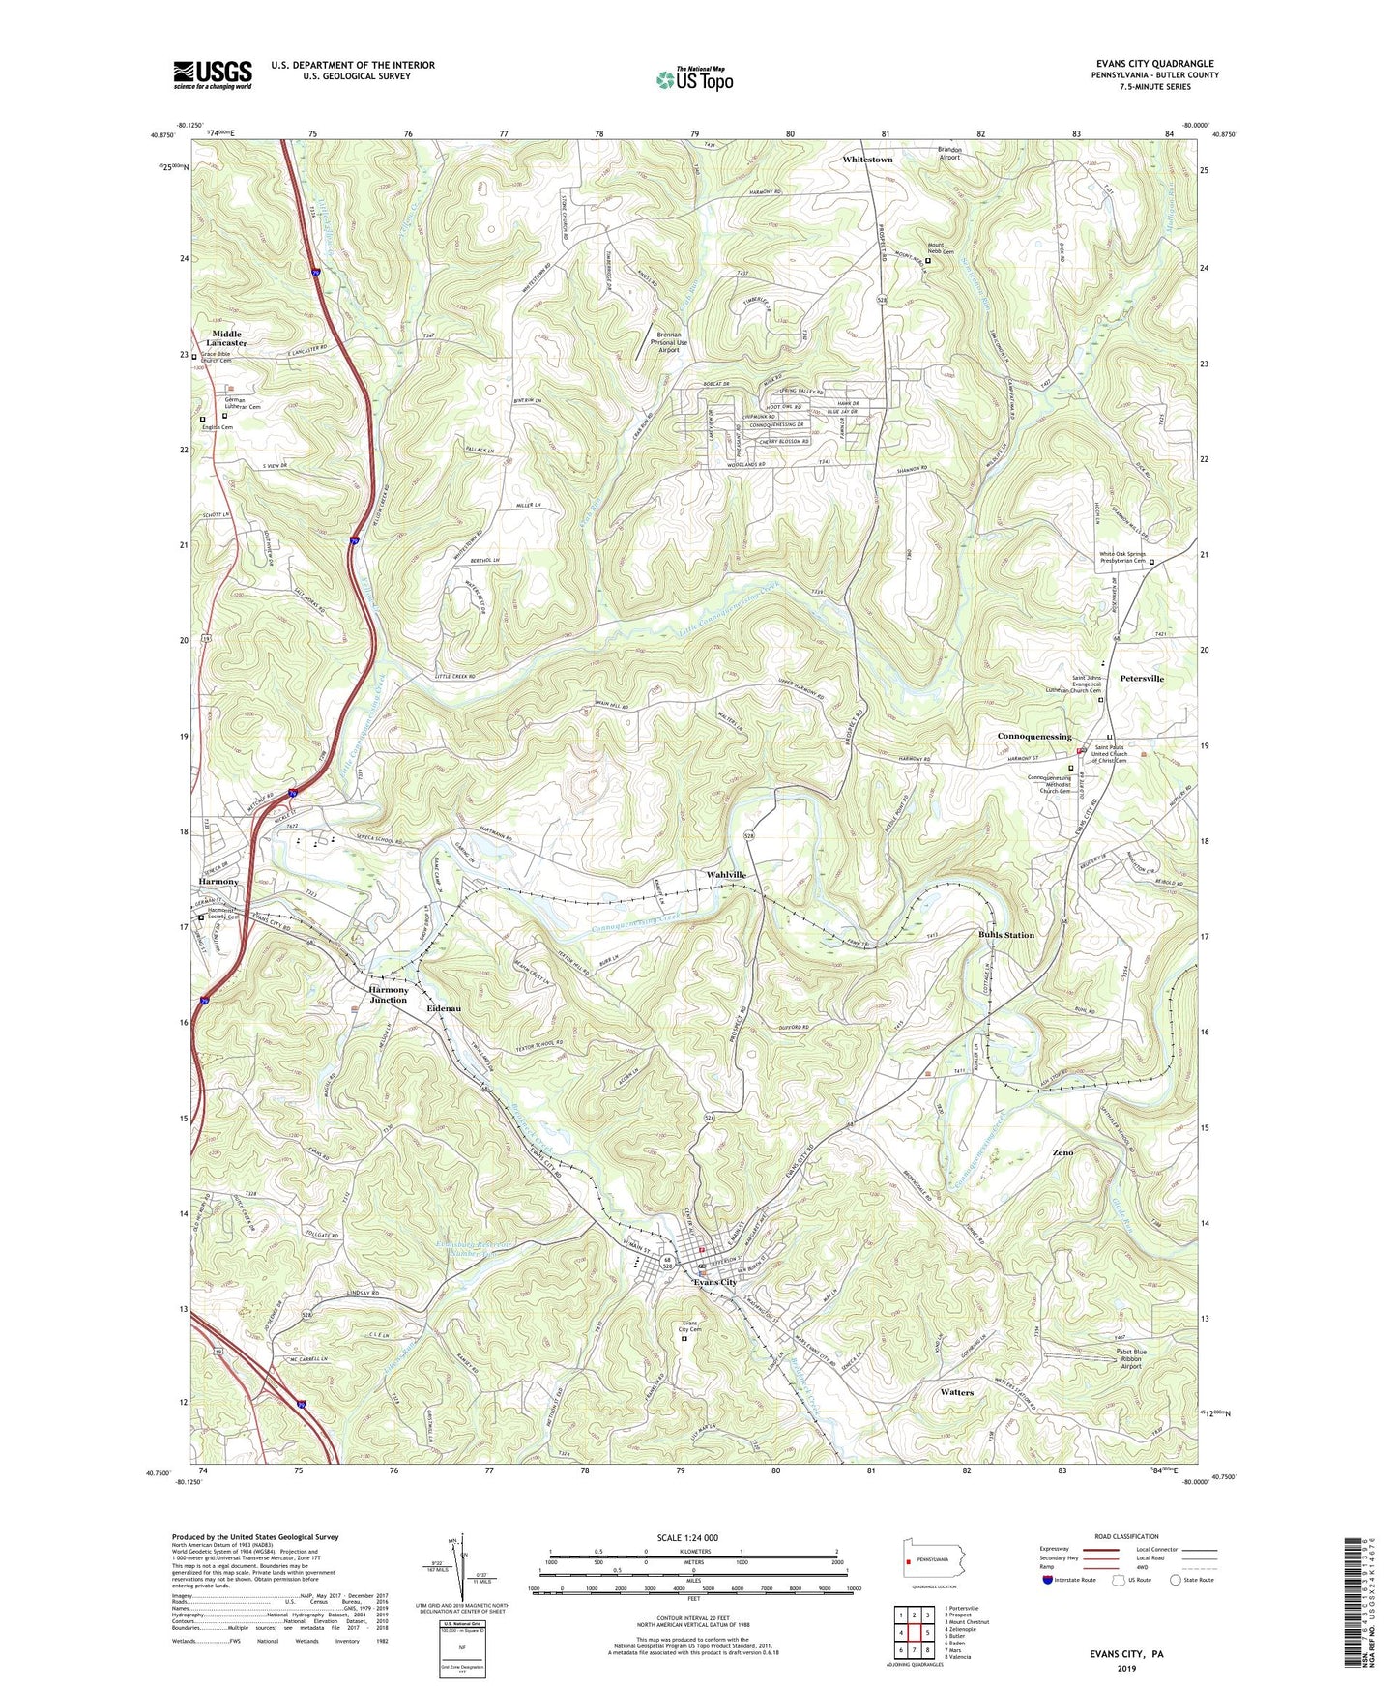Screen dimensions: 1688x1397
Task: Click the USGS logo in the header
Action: click(213, 74)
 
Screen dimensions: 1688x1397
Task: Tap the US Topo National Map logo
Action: click(694, 79)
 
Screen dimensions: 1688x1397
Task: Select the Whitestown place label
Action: click(867, 159)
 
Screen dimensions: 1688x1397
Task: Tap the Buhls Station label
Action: click(1005, 935)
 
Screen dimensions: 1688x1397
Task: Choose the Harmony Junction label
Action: click(388, 995)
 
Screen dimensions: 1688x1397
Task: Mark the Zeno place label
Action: click(1062, 1152)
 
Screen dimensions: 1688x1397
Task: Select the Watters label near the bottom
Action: click(956, 1392)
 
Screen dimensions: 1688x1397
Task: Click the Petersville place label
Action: click(1142, 679)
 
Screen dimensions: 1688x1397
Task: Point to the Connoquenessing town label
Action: click(1033, 736)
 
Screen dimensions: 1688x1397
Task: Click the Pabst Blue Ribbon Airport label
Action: click(1131, 1358)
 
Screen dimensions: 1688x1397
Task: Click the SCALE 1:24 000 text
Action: click(693, 1538)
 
